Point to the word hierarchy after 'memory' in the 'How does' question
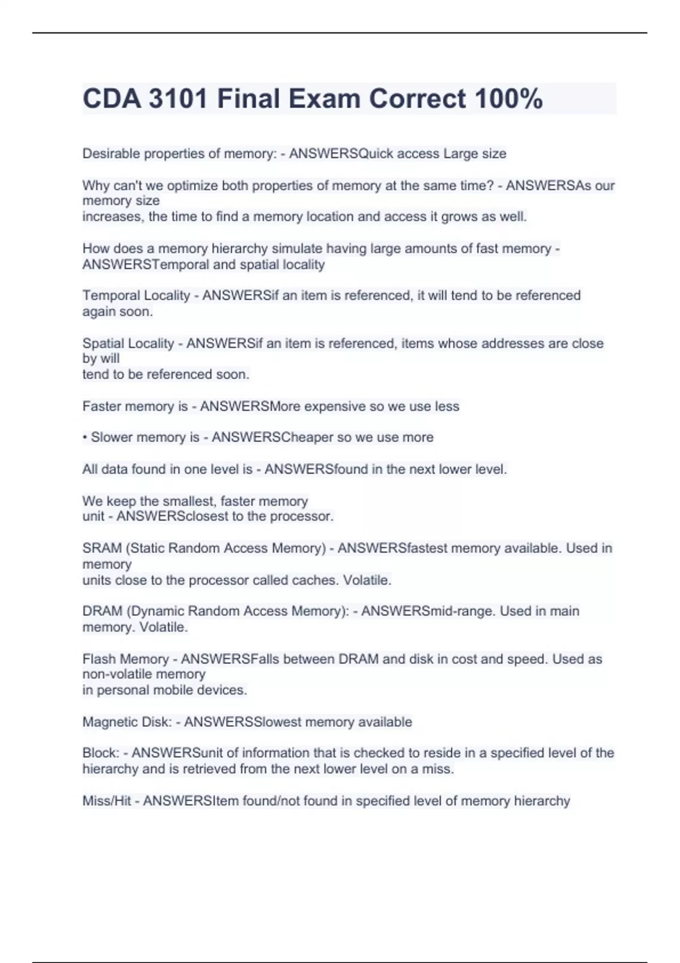tap(239, 249)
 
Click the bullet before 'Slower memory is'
tap(85, 437)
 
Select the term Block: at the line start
tap(101, 753)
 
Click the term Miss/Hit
tap(107, 801)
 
